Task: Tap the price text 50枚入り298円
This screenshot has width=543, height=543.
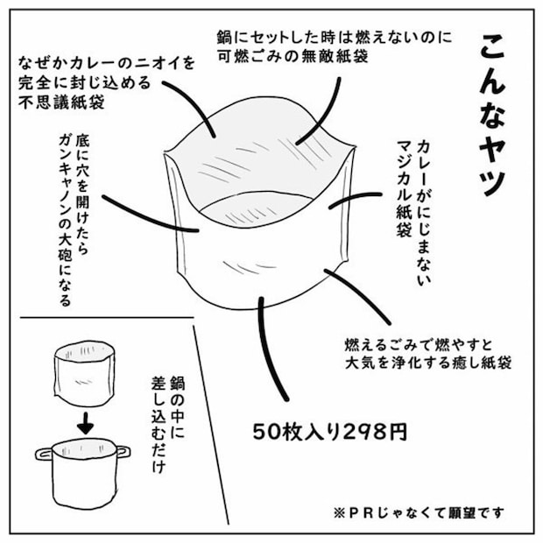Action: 329,432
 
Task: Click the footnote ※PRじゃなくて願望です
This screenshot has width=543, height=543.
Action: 419,512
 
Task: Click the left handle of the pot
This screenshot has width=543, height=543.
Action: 44,454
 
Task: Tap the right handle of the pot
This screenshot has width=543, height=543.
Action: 123,452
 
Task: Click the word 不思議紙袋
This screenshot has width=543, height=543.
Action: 61,102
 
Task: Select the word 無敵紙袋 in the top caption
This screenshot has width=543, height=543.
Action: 335,56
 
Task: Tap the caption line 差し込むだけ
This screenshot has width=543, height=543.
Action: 159,426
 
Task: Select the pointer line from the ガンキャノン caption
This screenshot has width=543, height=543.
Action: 148,215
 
